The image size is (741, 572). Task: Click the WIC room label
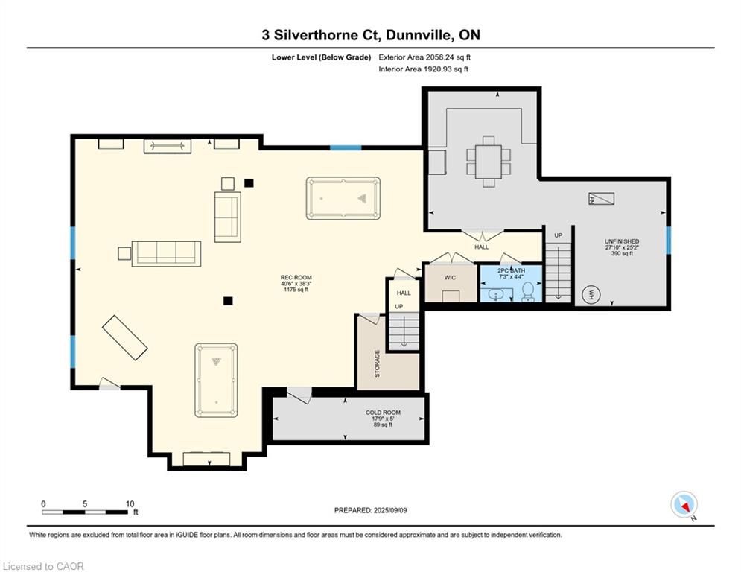450,278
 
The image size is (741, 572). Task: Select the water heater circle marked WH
591,295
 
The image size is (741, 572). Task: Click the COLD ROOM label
383,413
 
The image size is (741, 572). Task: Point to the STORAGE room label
377,363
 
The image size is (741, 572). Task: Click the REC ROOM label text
296,278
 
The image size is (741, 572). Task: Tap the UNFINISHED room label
622,241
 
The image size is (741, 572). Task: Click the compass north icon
684,504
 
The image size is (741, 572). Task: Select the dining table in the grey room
489,162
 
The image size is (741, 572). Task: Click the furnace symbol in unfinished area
601,199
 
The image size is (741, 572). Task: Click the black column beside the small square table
249,183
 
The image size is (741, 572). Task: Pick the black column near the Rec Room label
228,301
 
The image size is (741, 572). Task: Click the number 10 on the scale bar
130,504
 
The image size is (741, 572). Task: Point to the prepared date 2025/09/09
390,510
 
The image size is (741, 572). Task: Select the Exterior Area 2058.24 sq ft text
424,57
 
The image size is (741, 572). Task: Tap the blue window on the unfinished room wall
668,240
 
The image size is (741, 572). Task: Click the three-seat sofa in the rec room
166,253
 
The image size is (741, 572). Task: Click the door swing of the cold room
299,395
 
